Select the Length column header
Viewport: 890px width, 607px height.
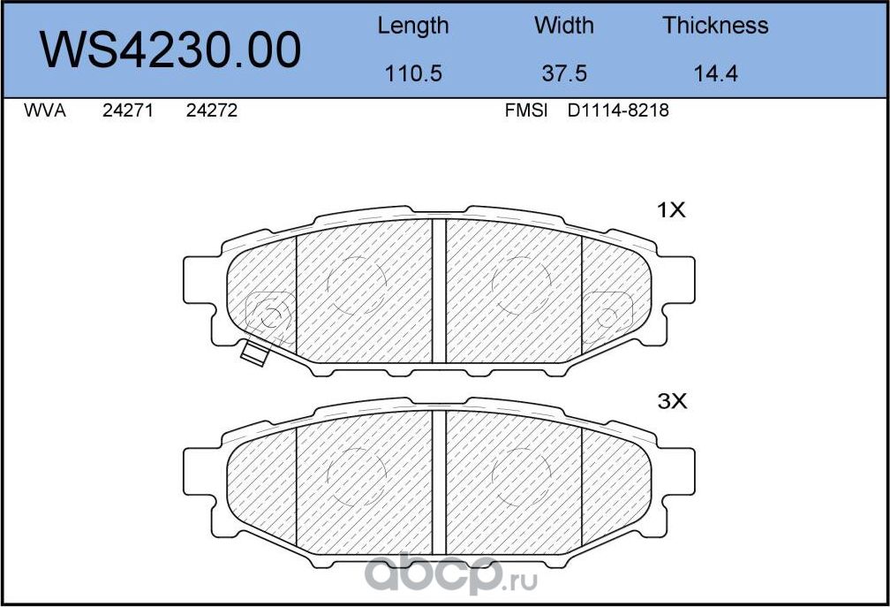pos(412,26)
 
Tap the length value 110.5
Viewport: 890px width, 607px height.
pos(412,74)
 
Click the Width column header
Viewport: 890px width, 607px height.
pos(563,26)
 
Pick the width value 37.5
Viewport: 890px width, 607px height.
pos(563,74)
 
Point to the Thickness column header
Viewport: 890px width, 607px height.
pos(715,26)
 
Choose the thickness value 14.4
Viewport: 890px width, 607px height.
pos(715,74)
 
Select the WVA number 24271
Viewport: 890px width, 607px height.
pos(129,112)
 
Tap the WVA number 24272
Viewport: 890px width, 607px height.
pos(212,112)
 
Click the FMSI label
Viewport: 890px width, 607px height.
pos(526,112)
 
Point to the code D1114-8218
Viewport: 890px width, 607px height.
pos(618,112)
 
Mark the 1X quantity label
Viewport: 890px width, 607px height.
pos(671,210)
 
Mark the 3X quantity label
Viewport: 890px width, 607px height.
pos(671,401)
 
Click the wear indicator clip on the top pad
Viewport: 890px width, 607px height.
pos(254,353)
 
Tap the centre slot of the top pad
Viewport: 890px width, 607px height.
pos(439,291)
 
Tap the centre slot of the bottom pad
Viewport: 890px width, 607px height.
pos(439,482)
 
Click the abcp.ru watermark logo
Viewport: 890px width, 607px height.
pos(441,574)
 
